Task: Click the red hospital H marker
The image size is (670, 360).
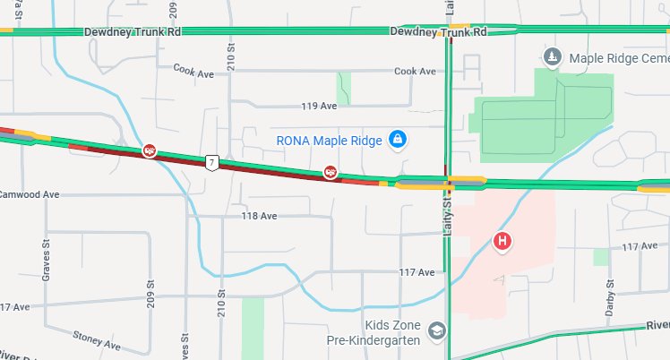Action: pyautogui.click(x=503, y=242)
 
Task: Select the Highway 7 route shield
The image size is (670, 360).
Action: pyautogui.click(x=211, y=162)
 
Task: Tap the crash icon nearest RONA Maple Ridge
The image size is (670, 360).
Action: pyautogui.click(x=331, y=171)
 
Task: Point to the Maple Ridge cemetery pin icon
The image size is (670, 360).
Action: pyautogui.click(x=554, y=57)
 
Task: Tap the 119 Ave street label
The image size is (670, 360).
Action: pyautogui.click(x=319, y=106)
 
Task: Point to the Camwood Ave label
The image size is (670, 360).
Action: pyautogui.click(x=29, y=194)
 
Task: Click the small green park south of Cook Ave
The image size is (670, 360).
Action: pyautogui.click(x=344, y=88)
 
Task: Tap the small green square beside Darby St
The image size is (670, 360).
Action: pyautogui.click(x=600, y=257)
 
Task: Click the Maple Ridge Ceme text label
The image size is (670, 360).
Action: pyautogui.click(x=619, y=58)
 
